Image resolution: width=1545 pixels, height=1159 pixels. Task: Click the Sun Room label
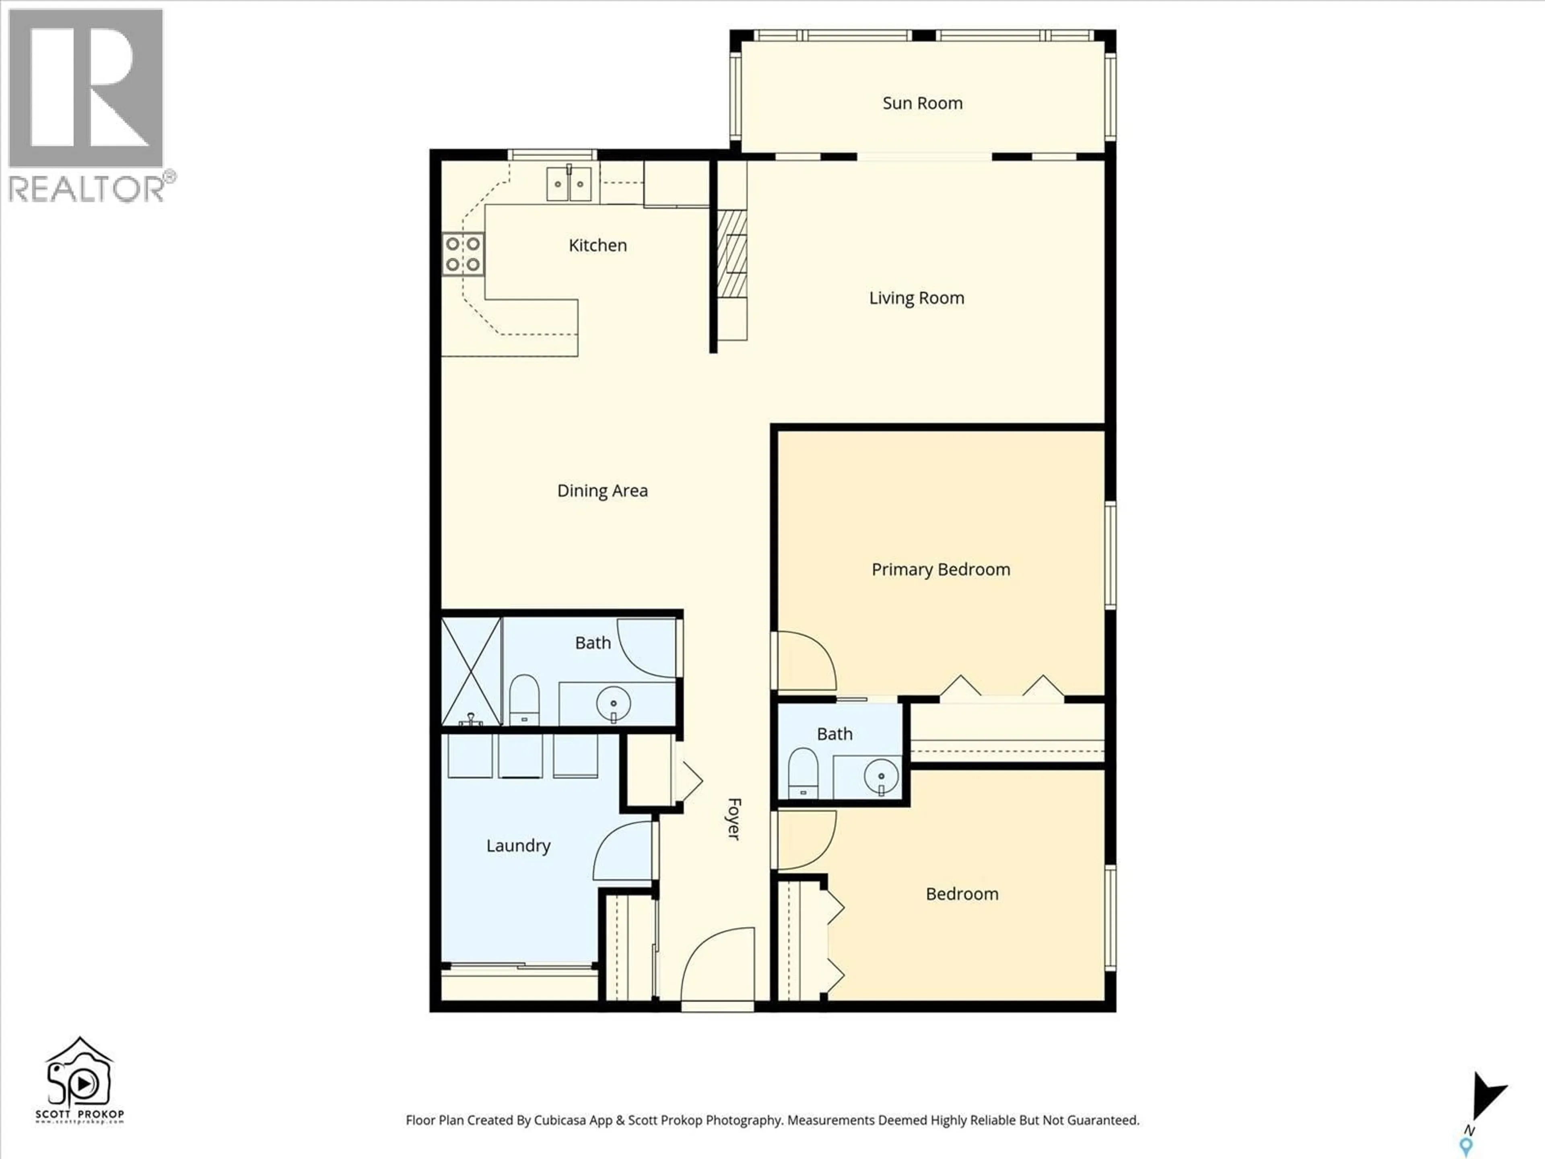922,103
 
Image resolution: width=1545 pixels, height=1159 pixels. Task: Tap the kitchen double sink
569,184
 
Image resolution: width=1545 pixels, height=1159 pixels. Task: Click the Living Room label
917,298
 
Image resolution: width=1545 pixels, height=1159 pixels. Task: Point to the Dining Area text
602,491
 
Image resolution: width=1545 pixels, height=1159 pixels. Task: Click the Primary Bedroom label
940,569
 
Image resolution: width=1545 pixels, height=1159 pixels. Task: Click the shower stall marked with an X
472,671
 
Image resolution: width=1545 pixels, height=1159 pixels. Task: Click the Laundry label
518,846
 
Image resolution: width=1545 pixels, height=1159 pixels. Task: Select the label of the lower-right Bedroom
961,894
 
